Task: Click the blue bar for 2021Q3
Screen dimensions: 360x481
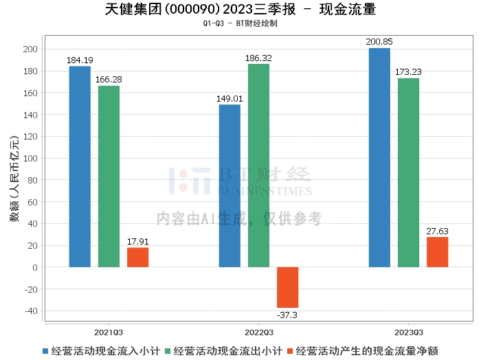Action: [80, 166]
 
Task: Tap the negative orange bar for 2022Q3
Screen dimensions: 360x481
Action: [287, 287]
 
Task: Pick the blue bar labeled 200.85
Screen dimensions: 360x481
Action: [379, 157]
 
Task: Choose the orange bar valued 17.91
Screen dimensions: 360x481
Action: [137, 257]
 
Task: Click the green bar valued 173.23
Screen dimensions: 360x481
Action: [408, 172]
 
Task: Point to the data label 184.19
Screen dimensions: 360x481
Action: [80, 61]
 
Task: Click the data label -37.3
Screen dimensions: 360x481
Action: [287, 315]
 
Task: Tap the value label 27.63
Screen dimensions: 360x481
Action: [437, 232]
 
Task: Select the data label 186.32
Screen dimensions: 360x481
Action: [259, 58]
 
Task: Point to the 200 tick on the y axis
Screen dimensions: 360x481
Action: [30, 49]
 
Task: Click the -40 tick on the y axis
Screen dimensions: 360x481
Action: [30, 311]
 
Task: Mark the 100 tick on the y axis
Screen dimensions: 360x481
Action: [30, 158]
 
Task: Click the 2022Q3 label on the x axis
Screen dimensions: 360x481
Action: [258, 330]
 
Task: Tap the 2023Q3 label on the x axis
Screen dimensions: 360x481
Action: [408, 330]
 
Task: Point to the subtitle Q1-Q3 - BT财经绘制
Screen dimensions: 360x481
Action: [240, 23]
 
